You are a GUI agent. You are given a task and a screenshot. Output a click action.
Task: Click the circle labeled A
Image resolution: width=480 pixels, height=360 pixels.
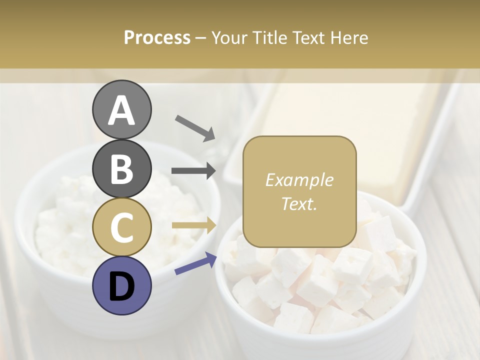[x=121, y=109]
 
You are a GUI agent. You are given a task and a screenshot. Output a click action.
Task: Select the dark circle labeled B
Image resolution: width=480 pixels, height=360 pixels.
[x=121, y=168]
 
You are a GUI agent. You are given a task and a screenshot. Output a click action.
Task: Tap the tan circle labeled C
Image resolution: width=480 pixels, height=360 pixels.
[x=121, y=227]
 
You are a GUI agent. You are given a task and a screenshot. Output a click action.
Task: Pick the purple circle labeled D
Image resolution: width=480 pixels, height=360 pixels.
[x=121, y=285]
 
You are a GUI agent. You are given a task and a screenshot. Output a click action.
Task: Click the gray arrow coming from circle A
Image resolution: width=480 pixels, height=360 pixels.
[x=194, y=127]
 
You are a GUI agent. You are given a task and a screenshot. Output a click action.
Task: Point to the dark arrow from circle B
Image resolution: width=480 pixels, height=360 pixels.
[x=193, y=171]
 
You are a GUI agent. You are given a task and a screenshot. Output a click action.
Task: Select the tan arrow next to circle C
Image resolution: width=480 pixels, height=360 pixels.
[x=193, y=225]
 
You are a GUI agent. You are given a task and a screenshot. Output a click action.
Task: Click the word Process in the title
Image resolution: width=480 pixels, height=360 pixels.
[x=157, y=37]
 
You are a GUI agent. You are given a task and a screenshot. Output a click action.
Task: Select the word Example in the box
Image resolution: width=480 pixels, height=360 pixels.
[x=299, y=180]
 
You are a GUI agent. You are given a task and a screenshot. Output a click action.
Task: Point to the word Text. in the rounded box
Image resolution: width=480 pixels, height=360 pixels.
[x=299, y=203]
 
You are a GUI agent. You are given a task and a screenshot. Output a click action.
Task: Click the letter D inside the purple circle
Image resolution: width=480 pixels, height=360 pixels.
[x=121, y=286]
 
